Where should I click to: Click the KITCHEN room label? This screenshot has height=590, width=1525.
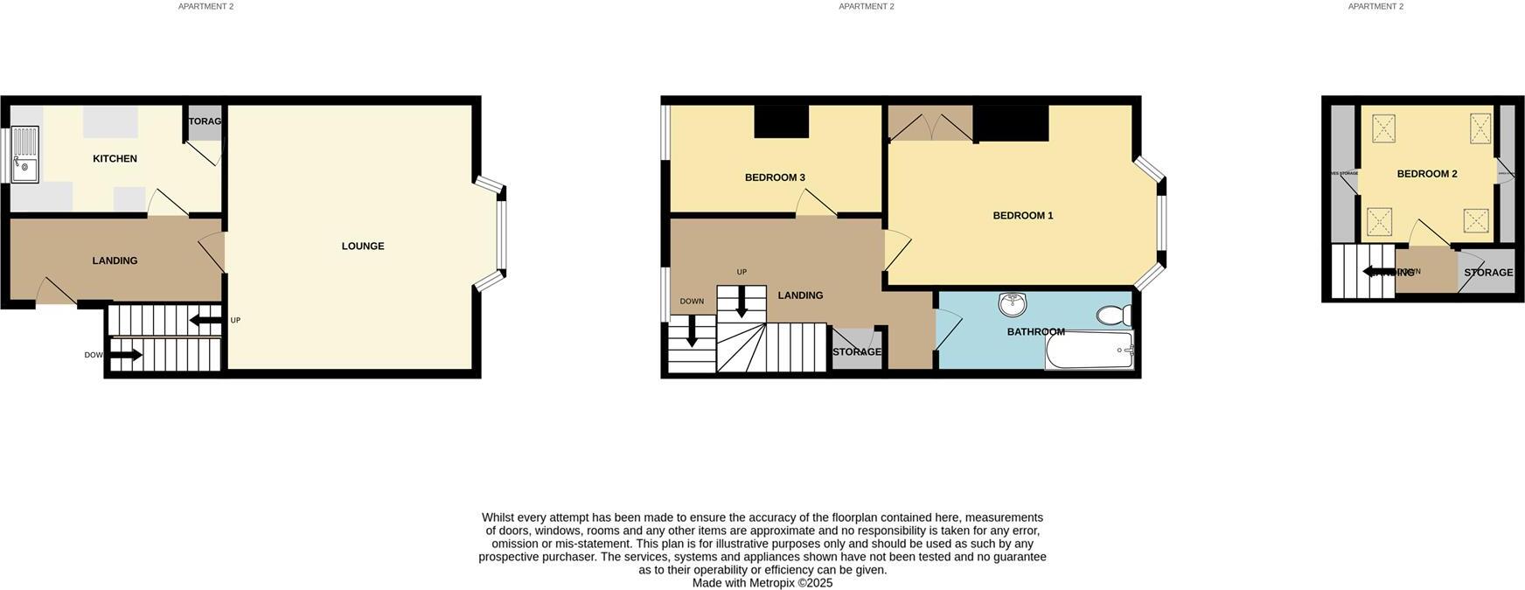pyautogui.click(x=115, y=158)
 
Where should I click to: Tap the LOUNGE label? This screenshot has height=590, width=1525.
pyautogui.click(x=362, y=246)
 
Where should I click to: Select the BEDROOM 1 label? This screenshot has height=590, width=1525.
pyautogui.click(x=1022, y=215)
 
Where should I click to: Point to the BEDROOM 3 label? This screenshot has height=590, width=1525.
pyautogui.click(x=775, y=177)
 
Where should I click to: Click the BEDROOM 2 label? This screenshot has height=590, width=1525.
pyautogui.click(x=1426, y=174)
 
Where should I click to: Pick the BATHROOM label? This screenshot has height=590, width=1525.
pyautogui.click(x=1035, y=331)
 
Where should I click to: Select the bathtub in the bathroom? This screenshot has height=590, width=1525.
pyautogui.click(x=1089, y=351)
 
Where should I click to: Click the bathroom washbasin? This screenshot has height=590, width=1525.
pyautogui.click(x=1012, y=304)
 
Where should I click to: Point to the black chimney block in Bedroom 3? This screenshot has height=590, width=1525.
pyautogui.click(x=781, y=121)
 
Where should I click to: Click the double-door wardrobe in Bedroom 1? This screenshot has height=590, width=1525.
pyautogui.click(x=930, y=123)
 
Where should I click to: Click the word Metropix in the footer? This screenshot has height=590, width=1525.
pyautogui.click(x=772, y=583)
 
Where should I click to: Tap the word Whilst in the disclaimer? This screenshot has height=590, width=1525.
pyautogui.click(x=499, y=517)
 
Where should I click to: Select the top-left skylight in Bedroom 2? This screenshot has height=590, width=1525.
pyautogui.click(x=1383, y=128)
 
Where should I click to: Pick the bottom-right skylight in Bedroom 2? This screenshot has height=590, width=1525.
pyautogui.click(x=1476, y=220)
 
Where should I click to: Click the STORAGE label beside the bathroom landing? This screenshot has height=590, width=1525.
pyautogui.click(x=856, y=352)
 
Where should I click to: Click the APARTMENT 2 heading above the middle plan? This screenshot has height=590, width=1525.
pyautogui.click(x=866, y=6)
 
